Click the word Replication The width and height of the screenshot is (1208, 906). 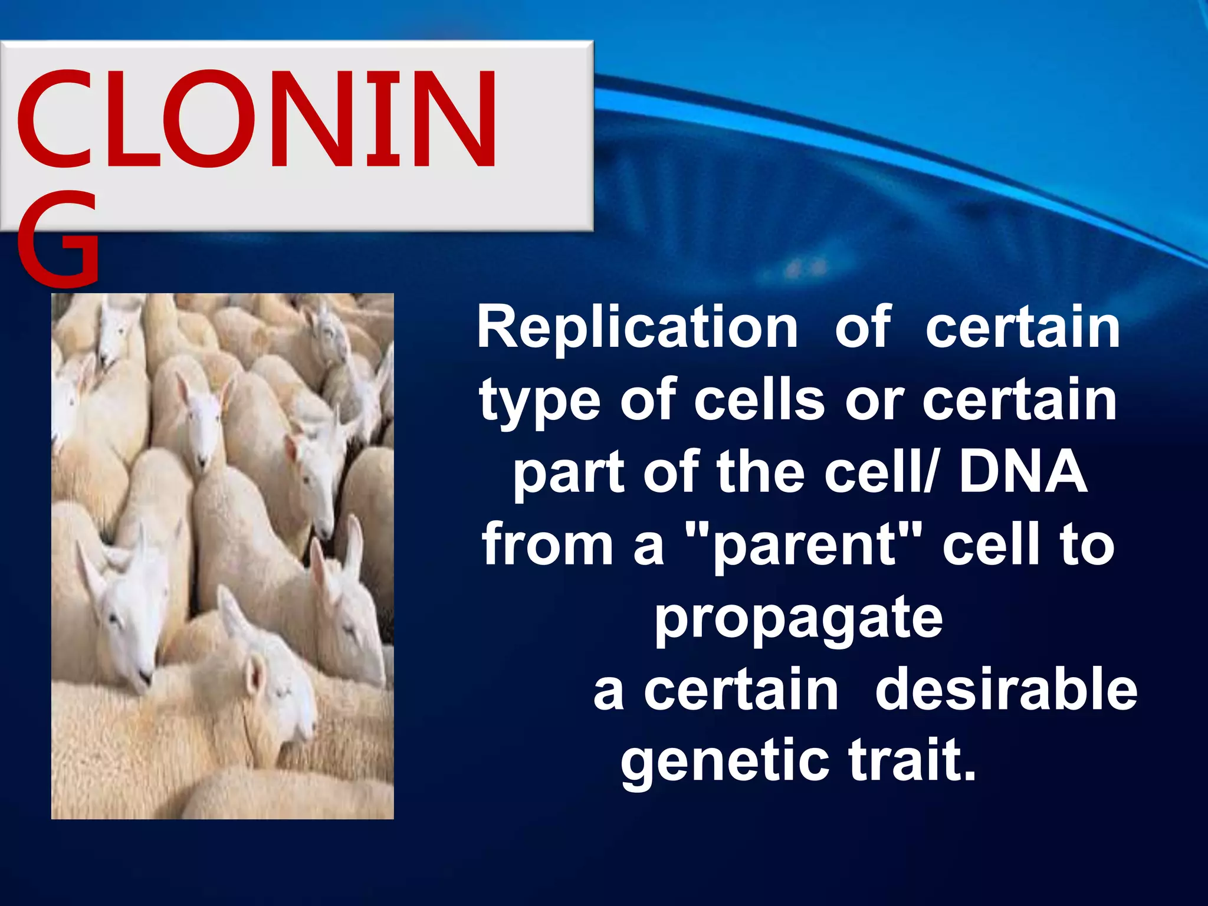pos(637,328)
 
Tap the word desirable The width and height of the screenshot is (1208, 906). pos(1006,690)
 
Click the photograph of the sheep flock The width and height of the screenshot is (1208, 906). pos(222,556)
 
